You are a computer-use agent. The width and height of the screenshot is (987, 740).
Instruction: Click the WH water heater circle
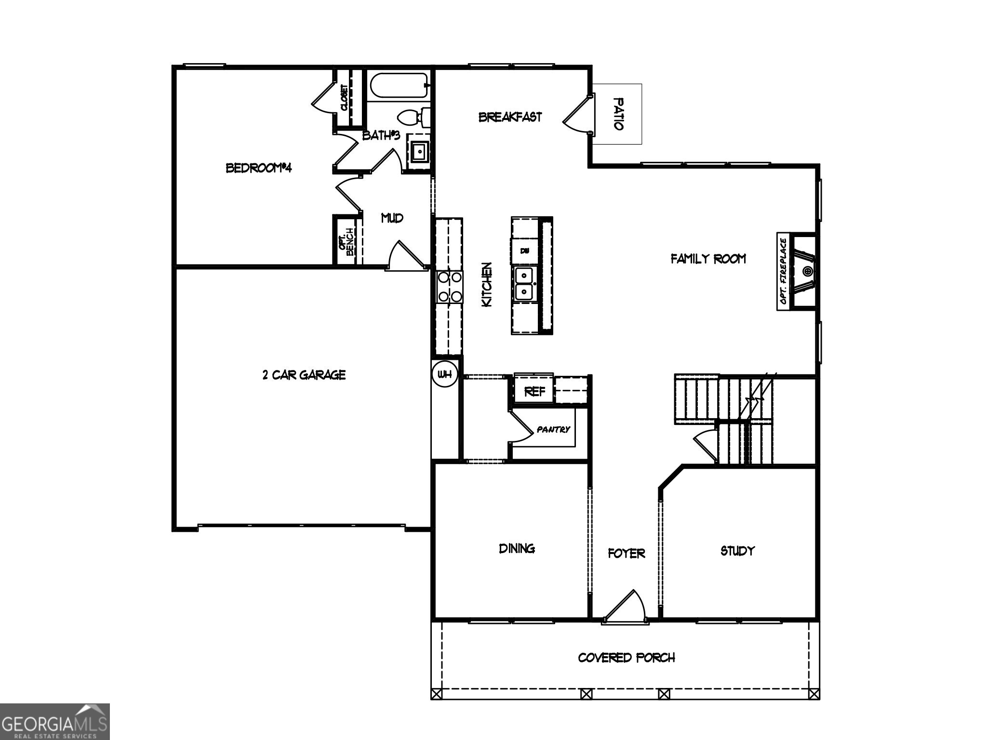[x=444, y=374]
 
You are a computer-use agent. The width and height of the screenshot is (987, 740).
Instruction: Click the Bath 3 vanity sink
[x=419, y=152]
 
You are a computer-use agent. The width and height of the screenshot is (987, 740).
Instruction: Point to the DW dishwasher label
[x=525, y=251]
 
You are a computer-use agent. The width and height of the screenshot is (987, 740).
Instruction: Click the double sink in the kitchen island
[x=524, y=284]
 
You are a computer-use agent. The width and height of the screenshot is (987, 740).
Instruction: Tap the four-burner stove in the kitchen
[x=449, y=287]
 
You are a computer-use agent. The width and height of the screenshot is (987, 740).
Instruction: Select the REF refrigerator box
[x=534, y=391]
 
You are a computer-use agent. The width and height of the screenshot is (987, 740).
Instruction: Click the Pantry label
[x=553, y=429]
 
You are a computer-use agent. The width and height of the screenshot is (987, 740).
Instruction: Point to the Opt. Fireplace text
[x=783, y=273]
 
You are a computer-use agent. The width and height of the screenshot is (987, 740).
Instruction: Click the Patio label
[x=618, y=114]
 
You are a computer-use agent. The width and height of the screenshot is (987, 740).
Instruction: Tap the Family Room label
[x=708, y=259]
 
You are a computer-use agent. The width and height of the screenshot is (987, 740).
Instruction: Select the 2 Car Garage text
[x=304, y=375]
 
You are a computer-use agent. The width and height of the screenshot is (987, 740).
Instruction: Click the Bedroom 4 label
[x=259, y=168]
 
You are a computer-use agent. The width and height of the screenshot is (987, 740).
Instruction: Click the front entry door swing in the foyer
[x=627, y=606]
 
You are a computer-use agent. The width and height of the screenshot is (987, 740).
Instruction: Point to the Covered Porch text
[x=626, y=658]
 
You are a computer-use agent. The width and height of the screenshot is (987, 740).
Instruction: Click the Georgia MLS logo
[x=54, y=722]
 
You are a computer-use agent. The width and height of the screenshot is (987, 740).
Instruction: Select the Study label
[x=737, y=551]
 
